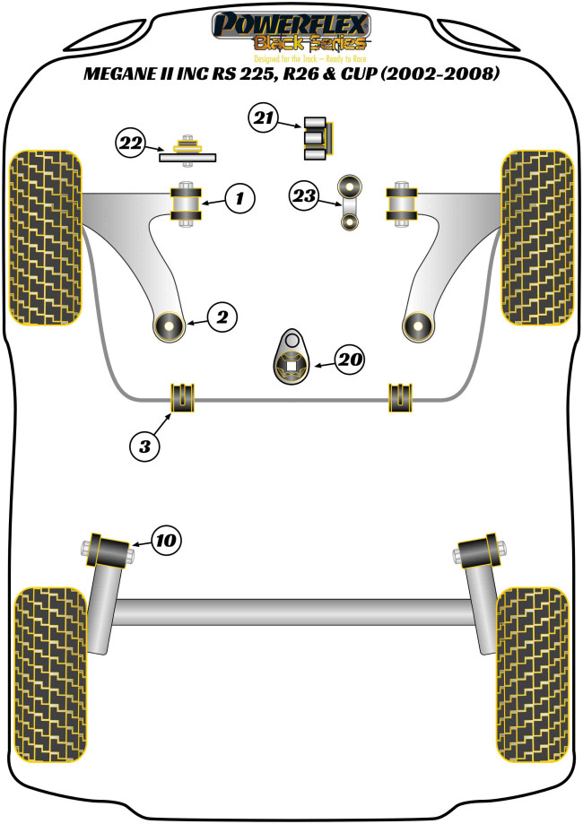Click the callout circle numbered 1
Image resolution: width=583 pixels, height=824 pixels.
[239, 198]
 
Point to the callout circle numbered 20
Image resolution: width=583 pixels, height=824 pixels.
[350, 360]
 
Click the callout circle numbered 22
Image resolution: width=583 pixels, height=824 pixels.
[130, 143]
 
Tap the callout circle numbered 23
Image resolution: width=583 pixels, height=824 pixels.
[303, 195]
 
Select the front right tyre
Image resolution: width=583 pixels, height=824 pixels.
[536, 238]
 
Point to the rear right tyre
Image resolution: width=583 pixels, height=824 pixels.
[533, 673]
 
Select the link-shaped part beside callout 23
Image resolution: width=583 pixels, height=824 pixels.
[348, 204]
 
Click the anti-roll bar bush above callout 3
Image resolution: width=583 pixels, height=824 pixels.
[183, 397]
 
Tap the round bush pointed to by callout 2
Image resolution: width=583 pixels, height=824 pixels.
[169, 326]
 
